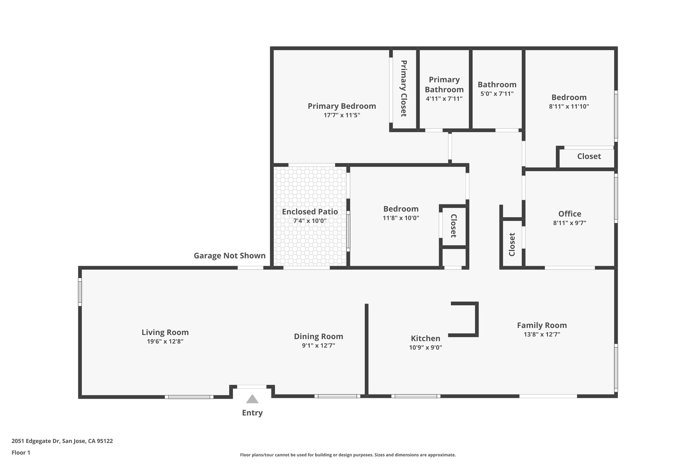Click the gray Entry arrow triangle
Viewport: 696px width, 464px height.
252,399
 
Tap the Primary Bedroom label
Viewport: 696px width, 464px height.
342,106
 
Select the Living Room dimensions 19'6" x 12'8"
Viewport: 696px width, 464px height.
165,341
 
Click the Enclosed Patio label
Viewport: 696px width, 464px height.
310,212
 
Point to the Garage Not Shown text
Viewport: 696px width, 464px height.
229,256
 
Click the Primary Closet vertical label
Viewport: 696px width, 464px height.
403,88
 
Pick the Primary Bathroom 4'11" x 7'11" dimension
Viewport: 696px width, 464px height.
444,99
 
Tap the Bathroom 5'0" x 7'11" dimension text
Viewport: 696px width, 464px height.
497,94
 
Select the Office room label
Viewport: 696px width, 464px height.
570,214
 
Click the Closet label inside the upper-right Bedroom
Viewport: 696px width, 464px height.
589,156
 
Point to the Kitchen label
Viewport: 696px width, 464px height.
425,339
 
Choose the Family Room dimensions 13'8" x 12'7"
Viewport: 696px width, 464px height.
542,334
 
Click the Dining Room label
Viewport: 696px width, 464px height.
318,337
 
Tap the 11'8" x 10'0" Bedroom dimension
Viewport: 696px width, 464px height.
401,218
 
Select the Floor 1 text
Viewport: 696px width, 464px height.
21,452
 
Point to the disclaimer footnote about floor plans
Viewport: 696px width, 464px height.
348,455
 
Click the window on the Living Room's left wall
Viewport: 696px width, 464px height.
80,292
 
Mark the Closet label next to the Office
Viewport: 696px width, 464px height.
512,244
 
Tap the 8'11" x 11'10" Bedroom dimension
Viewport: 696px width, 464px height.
569,106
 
